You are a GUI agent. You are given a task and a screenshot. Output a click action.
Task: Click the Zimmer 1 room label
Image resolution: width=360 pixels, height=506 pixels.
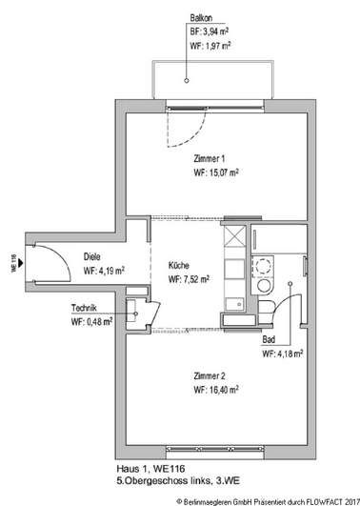210,159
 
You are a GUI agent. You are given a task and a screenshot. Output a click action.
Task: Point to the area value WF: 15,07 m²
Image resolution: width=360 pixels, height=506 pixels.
216,173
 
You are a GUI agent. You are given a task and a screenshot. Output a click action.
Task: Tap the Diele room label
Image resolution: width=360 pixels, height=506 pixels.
92,256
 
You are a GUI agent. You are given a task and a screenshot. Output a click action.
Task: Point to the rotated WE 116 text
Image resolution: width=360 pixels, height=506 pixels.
14,261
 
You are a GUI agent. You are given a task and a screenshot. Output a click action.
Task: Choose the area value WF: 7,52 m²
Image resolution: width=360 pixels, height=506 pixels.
190,280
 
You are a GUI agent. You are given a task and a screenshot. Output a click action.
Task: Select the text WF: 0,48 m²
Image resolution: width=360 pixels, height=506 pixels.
91,321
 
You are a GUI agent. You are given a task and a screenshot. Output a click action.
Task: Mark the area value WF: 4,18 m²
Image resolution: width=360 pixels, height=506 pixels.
283,354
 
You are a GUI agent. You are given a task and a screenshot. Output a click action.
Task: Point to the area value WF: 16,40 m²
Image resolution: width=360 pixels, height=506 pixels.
216,390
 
